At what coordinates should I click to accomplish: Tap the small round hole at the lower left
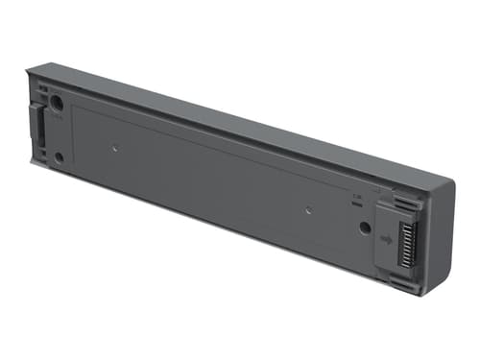tap(59, 156)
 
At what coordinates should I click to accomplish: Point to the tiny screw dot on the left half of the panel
tap(115, 148)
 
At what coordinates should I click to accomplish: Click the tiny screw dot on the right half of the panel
tap(308, 207)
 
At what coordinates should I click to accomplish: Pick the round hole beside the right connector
tap(365, 228)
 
